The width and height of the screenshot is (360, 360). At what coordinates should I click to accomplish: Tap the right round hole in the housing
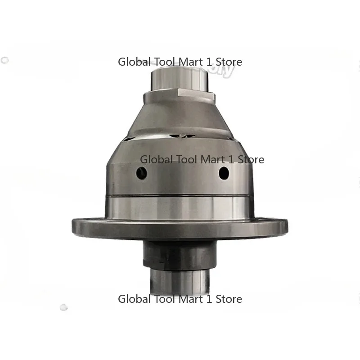223,171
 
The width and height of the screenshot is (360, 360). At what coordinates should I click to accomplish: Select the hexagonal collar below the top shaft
180,95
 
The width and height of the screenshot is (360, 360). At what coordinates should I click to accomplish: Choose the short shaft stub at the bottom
180,279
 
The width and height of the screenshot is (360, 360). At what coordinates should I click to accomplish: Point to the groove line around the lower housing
180,196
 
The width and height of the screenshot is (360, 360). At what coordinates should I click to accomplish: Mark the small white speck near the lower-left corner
63,308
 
